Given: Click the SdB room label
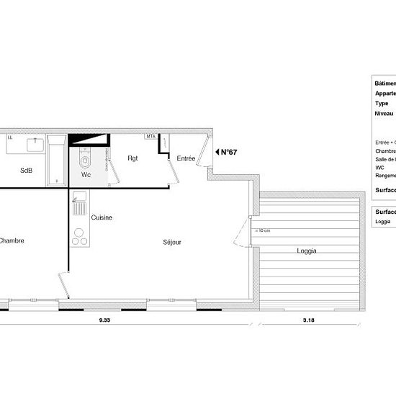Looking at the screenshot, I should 27,171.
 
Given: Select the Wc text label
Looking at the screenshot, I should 86,175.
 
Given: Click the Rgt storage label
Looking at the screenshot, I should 133,158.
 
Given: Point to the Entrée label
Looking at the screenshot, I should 186,158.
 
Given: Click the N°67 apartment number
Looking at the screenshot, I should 229,152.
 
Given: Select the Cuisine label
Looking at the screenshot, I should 102,217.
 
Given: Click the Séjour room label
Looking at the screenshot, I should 172,242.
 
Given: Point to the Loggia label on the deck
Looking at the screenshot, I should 307,251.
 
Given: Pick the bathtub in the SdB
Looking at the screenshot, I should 56,157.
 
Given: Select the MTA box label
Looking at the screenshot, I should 150,136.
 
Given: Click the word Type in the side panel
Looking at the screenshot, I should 382,103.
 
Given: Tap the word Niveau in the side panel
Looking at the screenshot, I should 384,114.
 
